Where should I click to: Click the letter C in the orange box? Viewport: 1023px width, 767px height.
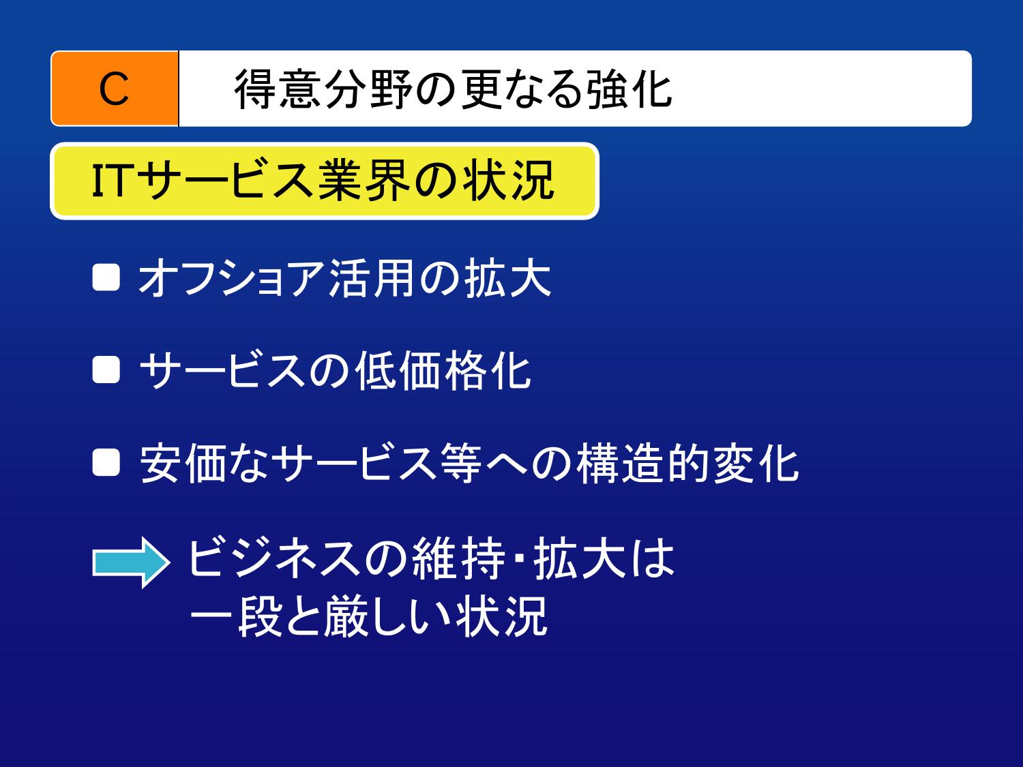coord(114,89)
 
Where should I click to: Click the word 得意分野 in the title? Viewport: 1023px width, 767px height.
coord(323,89)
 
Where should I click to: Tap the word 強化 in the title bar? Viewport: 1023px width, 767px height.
coord(628,89)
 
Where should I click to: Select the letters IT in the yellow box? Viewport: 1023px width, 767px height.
coord(110,180)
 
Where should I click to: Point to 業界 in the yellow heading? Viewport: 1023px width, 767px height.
coord(364,181)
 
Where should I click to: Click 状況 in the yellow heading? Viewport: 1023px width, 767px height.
coord(508,181)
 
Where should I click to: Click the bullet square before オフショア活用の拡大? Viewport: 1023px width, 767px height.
coord(106,278)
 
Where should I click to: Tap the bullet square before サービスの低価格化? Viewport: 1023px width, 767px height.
coord(106,370)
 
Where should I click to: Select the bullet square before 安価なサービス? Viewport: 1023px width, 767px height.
coord(106,462)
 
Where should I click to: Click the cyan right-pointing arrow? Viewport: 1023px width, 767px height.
coord(131,562)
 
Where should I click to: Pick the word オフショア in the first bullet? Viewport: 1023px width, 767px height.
coord(231,278)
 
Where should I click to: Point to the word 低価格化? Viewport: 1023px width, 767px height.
coord(443,370)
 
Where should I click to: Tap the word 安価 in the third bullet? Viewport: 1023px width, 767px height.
coord(183,464)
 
